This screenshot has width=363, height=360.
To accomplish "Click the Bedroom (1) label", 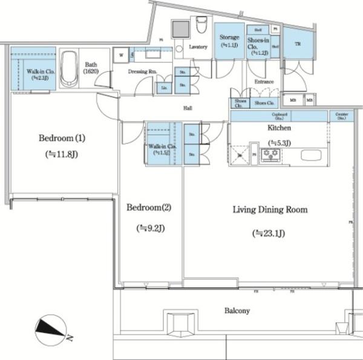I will [62, 138].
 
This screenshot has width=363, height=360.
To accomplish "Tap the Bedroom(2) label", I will [149, 208].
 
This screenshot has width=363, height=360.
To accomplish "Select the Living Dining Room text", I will [270, 210].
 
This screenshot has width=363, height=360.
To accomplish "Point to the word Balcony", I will [237, 310].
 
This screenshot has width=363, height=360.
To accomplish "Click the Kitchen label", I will [279, 128].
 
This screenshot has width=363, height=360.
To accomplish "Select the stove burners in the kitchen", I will [270, 154].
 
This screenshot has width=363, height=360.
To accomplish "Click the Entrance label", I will [264, 82].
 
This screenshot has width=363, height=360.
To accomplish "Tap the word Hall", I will [188, 108].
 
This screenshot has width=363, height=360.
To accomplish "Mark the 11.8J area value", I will [62, 155].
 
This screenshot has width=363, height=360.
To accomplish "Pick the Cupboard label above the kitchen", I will [279, 114].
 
